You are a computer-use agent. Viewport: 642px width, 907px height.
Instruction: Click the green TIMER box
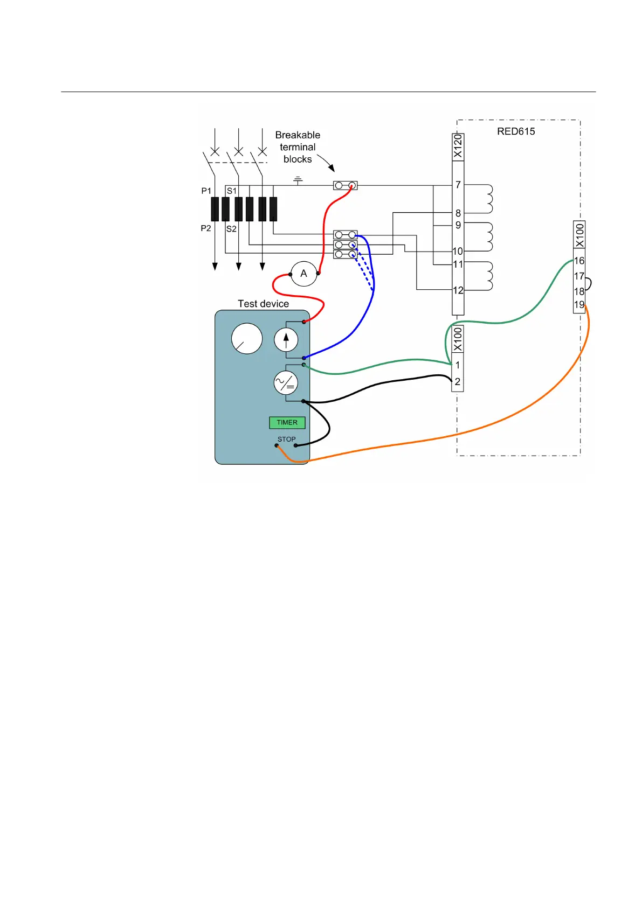(287, 423)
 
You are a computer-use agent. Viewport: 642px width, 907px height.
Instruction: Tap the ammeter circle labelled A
(303, 274)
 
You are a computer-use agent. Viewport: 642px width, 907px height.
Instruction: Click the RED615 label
(516, 131)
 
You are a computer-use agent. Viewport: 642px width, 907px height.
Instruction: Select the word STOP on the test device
(286, 439)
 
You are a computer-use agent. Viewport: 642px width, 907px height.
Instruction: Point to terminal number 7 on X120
(458, 185)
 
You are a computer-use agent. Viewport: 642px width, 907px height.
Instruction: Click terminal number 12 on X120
(458, 290)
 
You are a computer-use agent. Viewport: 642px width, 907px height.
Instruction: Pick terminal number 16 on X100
(579, 261)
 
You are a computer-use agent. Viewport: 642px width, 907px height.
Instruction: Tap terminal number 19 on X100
(579, 305)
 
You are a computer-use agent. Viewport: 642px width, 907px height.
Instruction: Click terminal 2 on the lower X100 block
(457, 382)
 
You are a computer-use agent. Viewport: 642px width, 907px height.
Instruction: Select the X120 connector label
(458, 146)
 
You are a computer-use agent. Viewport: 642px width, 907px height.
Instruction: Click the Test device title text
(263, 304)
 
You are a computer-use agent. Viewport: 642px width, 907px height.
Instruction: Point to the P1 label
(206, 191)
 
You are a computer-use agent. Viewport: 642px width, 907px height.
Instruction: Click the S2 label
(231, 229)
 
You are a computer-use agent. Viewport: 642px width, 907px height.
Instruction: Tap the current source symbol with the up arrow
(286, 340)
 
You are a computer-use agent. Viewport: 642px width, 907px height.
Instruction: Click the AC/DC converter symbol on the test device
(286, 383)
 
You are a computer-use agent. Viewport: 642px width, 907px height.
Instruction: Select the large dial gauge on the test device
(246, 339)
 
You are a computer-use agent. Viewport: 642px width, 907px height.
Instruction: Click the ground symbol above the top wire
(298, 179)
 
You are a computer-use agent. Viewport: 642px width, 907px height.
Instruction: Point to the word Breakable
(298, 135)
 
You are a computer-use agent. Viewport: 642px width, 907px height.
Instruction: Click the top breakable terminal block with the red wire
(345, 186)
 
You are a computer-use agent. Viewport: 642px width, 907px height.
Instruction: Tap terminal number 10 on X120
(458, 251)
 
